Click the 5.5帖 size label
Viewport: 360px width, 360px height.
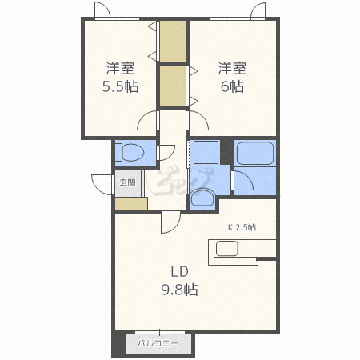[x=121, y=86]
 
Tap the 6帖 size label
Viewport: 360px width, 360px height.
[x=232, y=86]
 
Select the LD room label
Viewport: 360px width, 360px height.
[x=179, y=272]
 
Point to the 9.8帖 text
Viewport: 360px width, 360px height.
[x=179, y=290]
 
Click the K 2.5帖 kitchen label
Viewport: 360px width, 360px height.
[x=242, y=227]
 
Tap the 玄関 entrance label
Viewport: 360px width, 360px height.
[x=127, y=182]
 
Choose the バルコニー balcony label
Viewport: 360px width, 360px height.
[x=158, y=343]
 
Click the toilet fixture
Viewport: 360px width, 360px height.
[x=130, y=152]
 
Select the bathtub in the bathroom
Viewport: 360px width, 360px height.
[x=255, y=153]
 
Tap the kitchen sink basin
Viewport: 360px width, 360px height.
[x=227, y=249]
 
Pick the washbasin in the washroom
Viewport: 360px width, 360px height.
[x=202, y=198]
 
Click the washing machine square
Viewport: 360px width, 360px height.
[x=206, y=152]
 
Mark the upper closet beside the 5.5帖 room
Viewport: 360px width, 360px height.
[x=173, y=41]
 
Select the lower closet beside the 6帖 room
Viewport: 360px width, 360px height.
[x=173, y=86]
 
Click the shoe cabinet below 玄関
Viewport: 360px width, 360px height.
[x=131, y=204]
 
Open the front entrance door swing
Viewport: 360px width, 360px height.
[x=102, y=185]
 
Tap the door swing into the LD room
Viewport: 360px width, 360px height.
[x=170, y=222]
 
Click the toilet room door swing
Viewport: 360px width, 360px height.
[x=166, y=153]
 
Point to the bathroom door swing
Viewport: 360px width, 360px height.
[x=243, y=181]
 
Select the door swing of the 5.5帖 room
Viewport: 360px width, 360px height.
[x=147, y=120]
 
